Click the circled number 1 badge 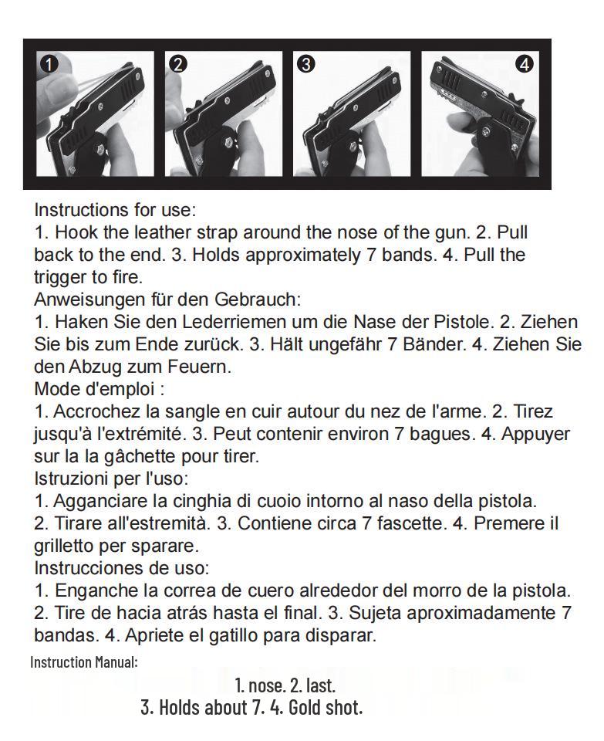coord(49,64)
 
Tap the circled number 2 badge coord(178,64)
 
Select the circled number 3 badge coord(306,64)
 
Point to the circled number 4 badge coord(525,64)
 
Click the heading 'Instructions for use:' coord(115,210)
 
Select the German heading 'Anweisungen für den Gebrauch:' coord(167,299)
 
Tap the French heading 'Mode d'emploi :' coord(100,389)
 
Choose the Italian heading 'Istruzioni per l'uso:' coord(111,479)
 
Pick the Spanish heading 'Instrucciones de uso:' coord(121,567)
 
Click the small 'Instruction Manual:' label coord(84,662)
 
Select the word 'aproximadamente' coord(481,613)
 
